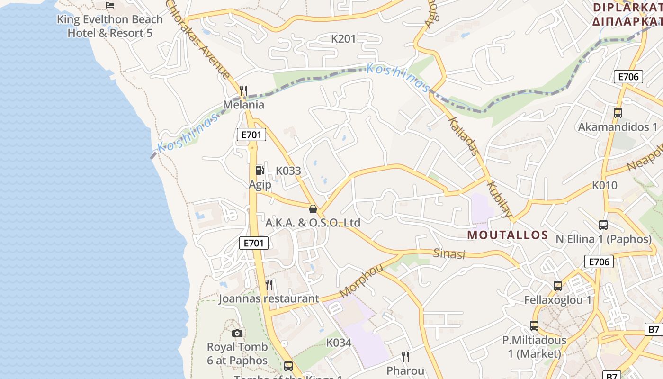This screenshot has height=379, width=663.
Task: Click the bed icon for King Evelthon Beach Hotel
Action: [110, 5]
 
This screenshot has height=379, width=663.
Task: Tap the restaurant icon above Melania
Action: [243, 90]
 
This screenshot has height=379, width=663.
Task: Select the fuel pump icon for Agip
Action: [260, 171]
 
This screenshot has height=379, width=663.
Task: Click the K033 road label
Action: [288, 171]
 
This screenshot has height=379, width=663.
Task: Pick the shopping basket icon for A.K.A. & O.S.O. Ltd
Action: [313, 209]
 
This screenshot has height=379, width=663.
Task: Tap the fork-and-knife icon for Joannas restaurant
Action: [269, 285]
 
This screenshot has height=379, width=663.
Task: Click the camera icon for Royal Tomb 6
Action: [237, 333]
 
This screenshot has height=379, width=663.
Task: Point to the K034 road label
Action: [339, 343]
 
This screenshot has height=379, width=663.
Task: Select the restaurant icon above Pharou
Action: [405, 356]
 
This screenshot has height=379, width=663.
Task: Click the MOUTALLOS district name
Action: [507, 235]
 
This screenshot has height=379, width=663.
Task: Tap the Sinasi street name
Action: [449, 254]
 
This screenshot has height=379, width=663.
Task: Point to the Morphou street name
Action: [361, 281]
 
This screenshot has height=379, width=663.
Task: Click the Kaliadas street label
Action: [463, 137]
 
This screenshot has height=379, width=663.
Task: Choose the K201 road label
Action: [343, 39]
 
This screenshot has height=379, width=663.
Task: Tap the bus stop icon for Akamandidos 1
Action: [618, 113]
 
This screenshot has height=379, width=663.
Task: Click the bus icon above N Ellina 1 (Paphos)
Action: [603, 225]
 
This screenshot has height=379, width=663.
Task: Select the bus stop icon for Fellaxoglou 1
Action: [558, 286]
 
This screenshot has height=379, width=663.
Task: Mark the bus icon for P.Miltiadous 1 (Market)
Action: [534, 326]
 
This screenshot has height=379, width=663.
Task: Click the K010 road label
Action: [605, 185]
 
